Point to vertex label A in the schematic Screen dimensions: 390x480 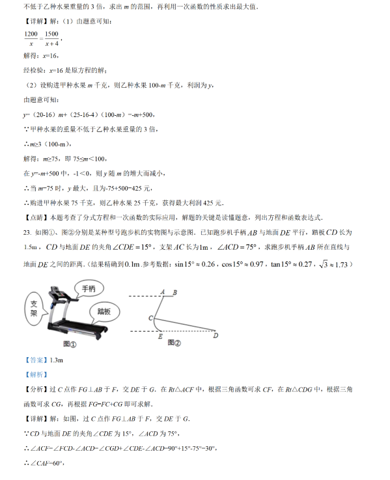(161, 291)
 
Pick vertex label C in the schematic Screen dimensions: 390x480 (150, 317)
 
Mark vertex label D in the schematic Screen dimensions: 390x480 (216, 336)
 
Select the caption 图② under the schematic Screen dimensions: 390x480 (173, 342)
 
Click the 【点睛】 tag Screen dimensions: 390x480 (35, 217)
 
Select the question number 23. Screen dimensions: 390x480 (27, 232)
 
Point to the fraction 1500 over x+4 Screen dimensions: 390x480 (52, 38)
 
